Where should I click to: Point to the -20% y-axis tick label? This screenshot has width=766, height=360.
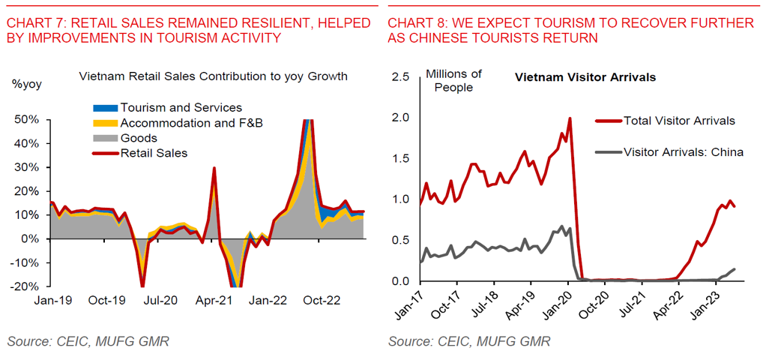pyautogui.click(x=26, y=286)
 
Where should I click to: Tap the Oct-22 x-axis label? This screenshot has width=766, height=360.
pyautogui.click(x=322, y=300)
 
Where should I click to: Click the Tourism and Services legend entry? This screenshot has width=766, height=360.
pyautogui.click(x=181, y=108)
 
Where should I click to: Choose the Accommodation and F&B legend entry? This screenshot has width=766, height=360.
pyautogui.click(x=192, y=123)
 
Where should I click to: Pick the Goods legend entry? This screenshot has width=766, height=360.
pyautogui.click(x=139, y=138)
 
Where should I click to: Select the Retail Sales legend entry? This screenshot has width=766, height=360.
pyautogui.click(x=154, y=153)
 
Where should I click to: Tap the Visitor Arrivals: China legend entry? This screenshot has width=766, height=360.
pyautogui.click(x=683, y=151)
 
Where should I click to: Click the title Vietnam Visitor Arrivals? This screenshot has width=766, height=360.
pyautogui.click(x=585, y=77)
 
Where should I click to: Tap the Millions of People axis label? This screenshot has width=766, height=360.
pyautogui.click(x=453, y=80)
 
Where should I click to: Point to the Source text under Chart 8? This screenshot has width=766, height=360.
pyautogui.click(x=469, y=342)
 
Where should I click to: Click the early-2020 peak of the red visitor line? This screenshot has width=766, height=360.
pyautogui.click(x=570, y=118)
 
